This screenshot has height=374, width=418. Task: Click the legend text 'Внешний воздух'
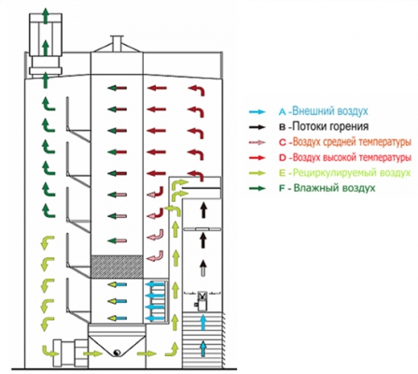330,111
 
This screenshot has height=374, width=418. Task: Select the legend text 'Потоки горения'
331,127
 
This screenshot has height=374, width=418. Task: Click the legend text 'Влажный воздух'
335,188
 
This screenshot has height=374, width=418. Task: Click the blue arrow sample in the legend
257,112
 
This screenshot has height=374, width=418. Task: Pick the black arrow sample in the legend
257,127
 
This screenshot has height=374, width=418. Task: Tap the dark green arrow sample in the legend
257,188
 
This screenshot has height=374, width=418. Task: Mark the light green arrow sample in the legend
257,173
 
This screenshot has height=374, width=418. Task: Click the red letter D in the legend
283,158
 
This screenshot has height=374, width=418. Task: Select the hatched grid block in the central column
117,266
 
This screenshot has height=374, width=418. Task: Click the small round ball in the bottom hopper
118,352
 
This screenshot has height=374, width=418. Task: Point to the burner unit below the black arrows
202,301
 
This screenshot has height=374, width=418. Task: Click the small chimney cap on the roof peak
117,42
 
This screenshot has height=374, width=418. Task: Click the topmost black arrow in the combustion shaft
203,210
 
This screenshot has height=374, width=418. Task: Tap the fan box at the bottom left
70,353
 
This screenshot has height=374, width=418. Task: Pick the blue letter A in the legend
283,112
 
